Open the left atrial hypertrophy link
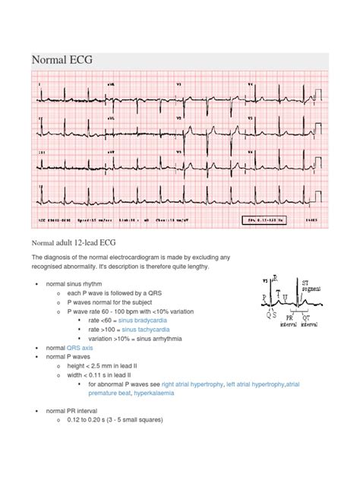tap(255, 384)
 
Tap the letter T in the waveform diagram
tap(279, 292)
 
